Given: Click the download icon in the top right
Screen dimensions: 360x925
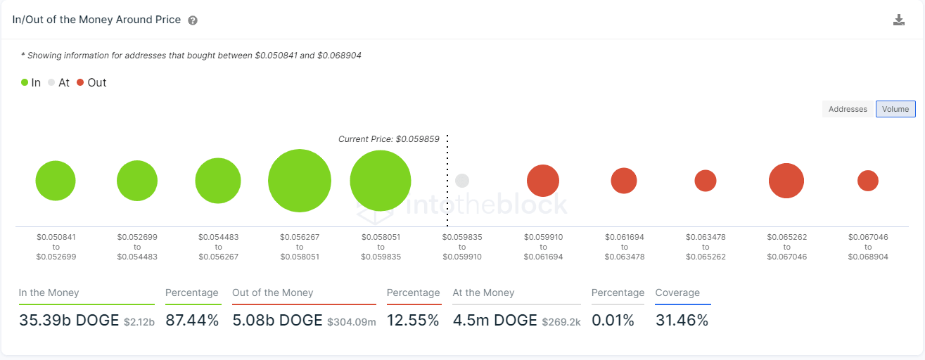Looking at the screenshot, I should pos(898,20).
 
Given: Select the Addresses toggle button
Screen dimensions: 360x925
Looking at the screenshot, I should pos(848,109).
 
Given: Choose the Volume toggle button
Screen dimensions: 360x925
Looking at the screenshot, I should pos(895,109).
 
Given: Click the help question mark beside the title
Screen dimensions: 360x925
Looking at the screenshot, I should pos(193,20).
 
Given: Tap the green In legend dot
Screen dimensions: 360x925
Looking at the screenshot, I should pos(25,82).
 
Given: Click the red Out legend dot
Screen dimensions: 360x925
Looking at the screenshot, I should pos(80,82).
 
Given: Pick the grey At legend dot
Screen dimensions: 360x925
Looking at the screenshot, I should pos(51,82).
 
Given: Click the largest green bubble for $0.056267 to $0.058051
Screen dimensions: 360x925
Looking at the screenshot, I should pos(300,181).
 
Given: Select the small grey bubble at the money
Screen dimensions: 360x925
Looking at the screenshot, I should pos(461,181).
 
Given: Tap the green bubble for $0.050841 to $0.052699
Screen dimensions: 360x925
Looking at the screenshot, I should pos(56,181).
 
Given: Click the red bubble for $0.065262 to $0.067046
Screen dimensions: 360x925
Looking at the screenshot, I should pos(786,181).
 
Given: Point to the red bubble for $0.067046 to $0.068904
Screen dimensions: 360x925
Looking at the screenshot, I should pos(867,181).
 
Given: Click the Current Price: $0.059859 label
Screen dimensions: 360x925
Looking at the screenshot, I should pos(388,139).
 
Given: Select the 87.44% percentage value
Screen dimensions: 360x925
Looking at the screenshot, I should pos(192,321).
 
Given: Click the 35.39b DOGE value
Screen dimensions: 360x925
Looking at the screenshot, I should pos(69,321).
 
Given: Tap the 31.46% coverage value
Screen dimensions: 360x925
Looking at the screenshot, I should pos(681,321).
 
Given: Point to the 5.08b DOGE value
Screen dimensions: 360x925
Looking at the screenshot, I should pos(276,321).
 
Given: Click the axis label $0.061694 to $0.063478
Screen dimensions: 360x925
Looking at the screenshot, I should pos(623,247).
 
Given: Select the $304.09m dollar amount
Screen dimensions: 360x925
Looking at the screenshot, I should pos(352,322).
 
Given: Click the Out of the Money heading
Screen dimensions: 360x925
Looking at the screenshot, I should pos(272,292).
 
